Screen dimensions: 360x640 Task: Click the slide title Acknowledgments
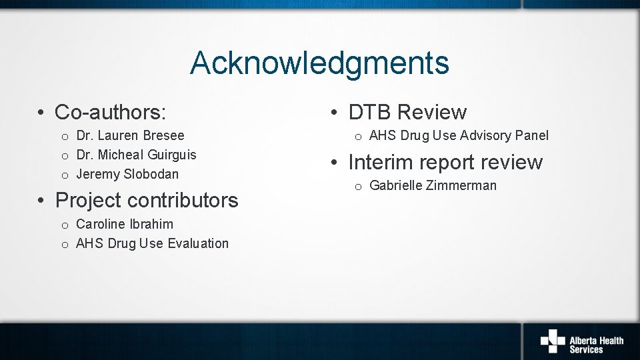pyautogui.click(x=319, y=63)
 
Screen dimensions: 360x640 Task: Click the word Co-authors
pyautogui.click(x=109, y=112)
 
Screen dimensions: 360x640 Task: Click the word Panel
pyautogui.click(x=533, y=135)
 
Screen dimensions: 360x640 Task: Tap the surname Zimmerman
pyautogui.click(x=463, y=185)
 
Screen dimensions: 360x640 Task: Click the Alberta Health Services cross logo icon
pyautogui.click(x=552, y=340)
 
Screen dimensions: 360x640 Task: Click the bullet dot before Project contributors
pyautogui.click(x=41, y=200)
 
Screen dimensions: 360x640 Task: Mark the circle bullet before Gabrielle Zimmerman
pyautogui.click(x=358, y=187)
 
